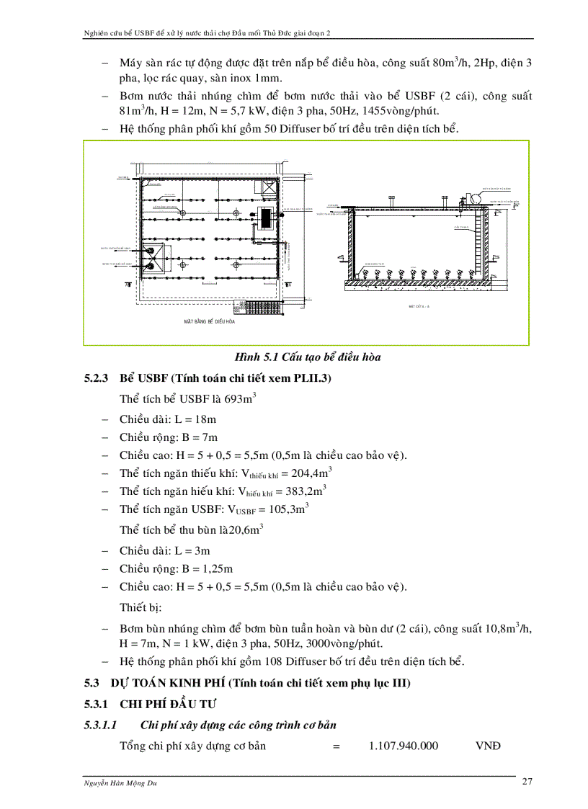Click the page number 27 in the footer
click(526, 783)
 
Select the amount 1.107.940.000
click(403, 746)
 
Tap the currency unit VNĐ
click(488, 746)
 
